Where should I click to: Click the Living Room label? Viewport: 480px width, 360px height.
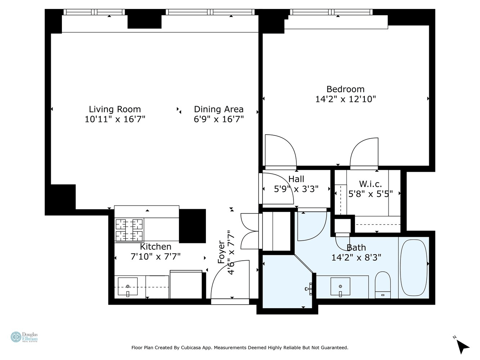point(115,109)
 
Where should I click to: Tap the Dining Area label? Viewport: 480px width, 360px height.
point(219,109)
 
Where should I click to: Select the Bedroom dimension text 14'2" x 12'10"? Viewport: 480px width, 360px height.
point(345,99)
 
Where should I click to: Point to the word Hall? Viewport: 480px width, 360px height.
point(296,179)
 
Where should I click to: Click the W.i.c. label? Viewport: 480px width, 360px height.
point(371,184)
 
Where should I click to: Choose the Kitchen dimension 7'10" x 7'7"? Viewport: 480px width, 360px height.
point(156,256)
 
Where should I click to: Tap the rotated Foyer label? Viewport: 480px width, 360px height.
point(221,252)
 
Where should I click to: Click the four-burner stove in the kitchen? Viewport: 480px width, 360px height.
point(129,230)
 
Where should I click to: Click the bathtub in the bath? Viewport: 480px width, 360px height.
point(413,268)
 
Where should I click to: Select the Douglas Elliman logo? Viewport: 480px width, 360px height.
point(24,337)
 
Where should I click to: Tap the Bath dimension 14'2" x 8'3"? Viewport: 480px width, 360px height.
point(356,257)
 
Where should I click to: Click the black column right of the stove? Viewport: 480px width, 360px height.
point(192,226)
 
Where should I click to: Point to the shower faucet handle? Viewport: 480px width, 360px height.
point(309,289)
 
